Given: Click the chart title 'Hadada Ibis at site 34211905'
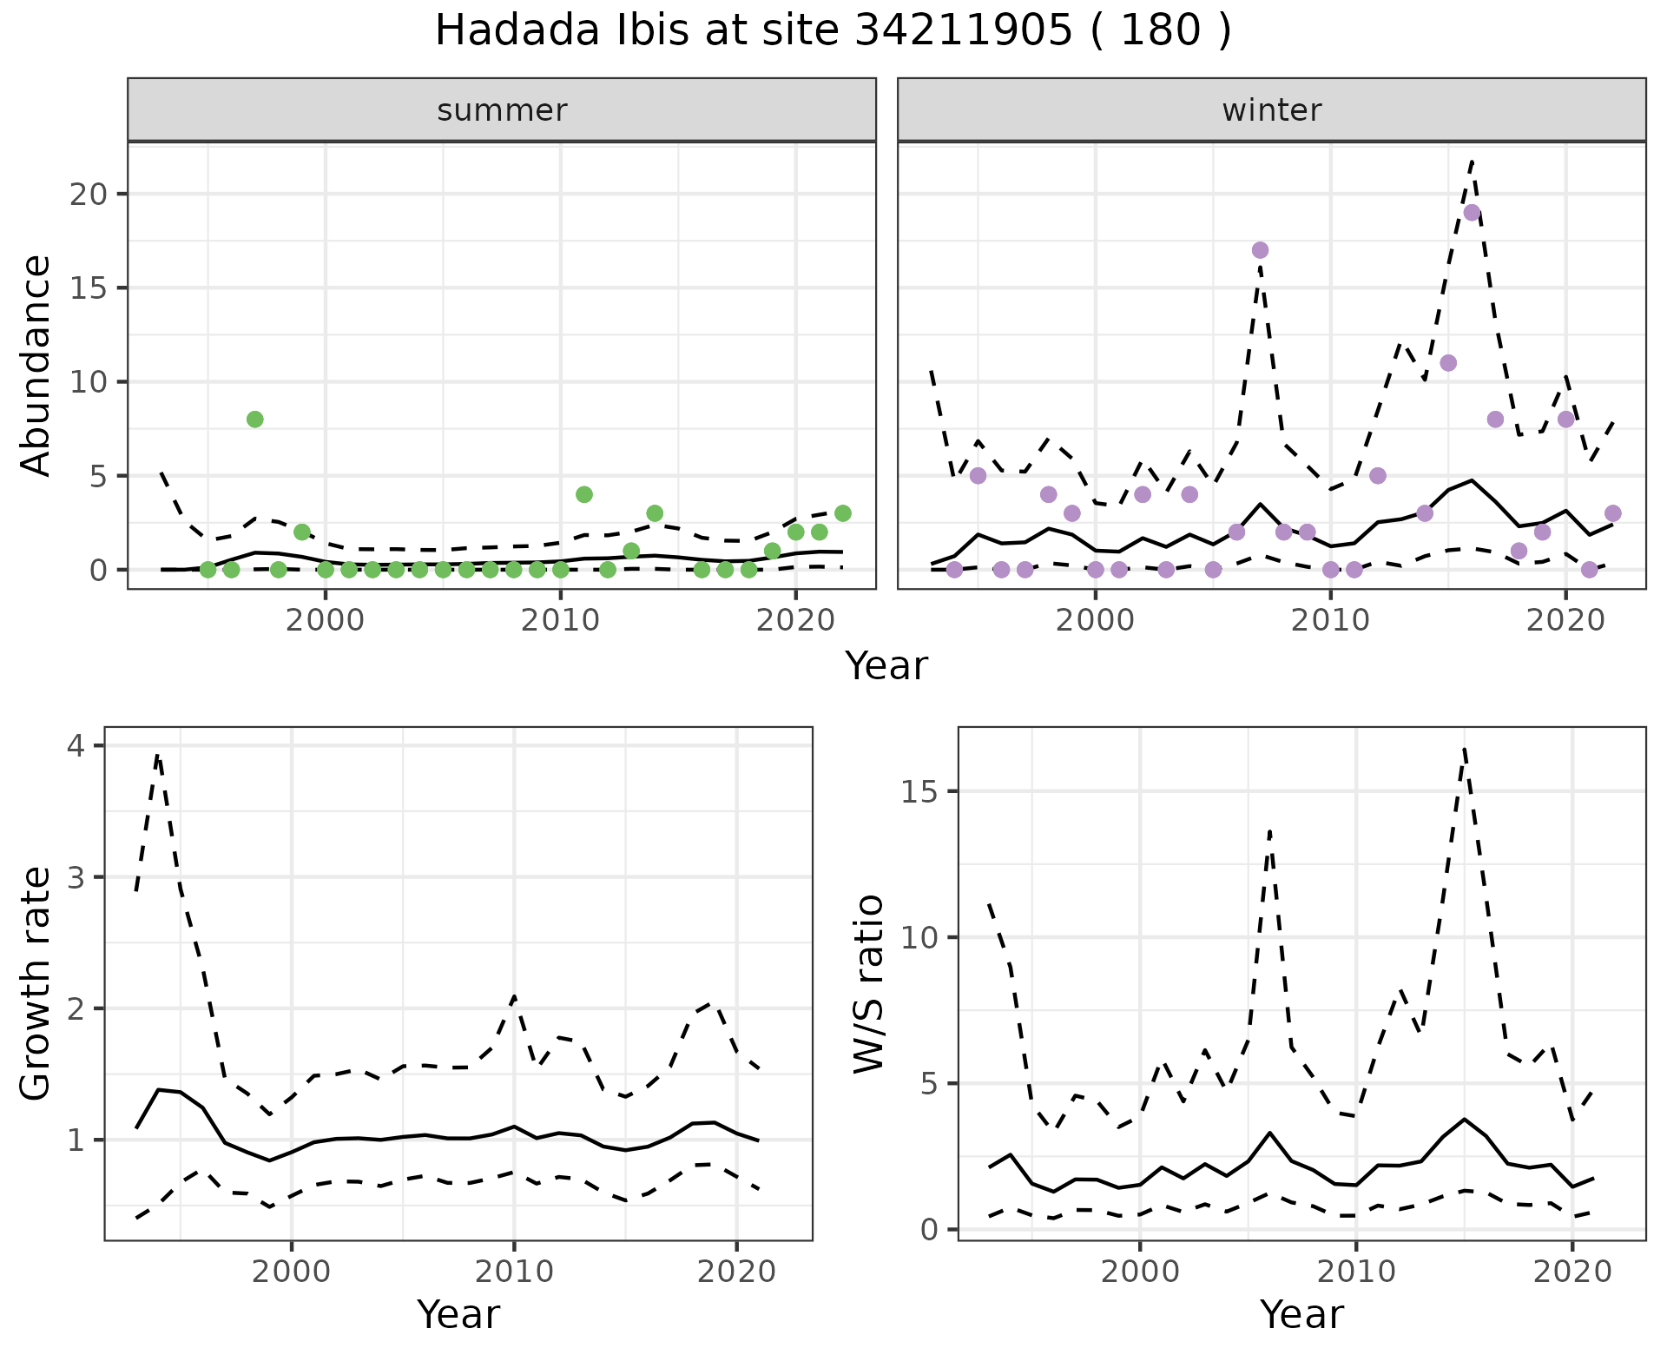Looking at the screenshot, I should (832, 31).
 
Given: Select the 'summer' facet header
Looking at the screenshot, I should (502, 110).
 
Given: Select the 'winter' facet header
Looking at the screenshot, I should (1271, 110).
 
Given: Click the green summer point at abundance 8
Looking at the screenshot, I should (254, 420).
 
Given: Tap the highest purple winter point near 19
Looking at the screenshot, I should (1472, 213).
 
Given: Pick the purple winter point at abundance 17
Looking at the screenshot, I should (1261, 250).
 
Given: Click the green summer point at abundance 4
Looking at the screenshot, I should (584, 494).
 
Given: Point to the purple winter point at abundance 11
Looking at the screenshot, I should (1448, 363).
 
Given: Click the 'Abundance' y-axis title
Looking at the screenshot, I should (36, 365).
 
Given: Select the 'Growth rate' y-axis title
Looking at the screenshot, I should (36, 983).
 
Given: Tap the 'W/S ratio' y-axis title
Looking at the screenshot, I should (868, 983).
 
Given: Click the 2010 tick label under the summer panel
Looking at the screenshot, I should (560, 622).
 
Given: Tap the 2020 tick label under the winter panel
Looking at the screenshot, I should (1565, 622).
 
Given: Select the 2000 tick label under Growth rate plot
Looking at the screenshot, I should (292, 1272).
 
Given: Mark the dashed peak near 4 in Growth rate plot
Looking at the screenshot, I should (157, 755).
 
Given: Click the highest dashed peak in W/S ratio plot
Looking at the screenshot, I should (1464, 749).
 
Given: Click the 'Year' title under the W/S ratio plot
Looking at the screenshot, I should (1301, 1315).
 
